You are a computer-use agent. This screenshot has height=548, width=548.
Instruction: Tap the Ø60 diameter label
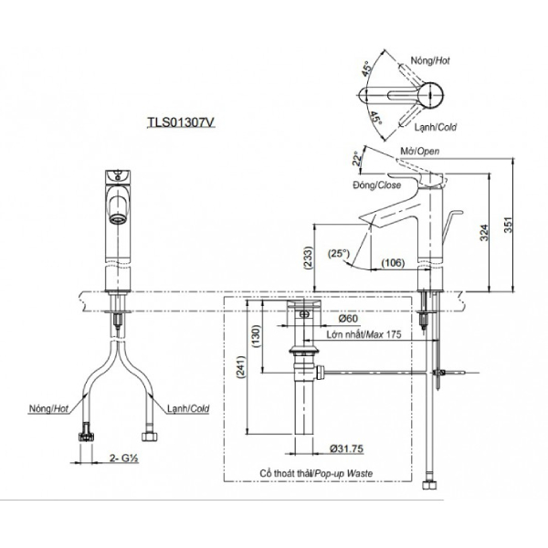click(347, 320)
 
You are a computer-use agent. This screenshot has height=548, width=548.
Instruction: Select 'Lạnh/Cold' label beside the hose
click(187, 409)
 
